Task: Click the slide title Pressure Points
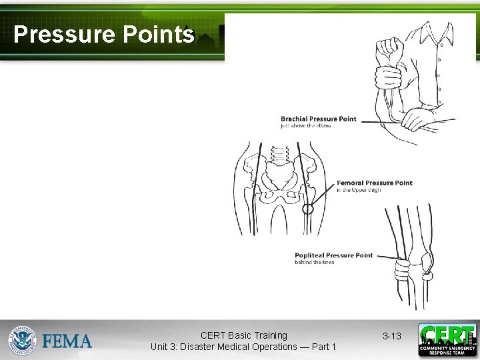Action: [x=103, y=35]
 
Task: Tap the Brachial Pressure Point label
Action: [x=318, y=119]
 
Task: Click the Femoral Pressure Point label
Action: [x=374, y=183]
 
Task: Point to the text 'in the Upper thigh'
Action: [x=359, y=190]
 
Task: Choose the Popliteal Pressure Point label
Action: [x=333, y=255]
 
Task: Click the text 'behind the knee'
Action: [x=314, y=263]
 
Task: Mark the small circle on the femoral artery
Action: [x=307, y=208]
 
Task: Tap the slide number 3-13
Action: [x=392, y=336]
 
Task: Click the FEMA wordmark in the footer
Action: [x=67, y=341]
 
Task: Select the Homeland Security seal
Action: [x=23, y=340]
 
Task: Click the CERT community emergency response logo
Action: [x=447, y=340]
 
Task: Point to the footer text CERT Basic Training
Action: [x=243, y=335]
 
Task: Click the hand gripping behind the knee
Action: [x=403, y=270]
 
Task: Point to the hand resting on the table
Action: [x=420, y=119]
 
